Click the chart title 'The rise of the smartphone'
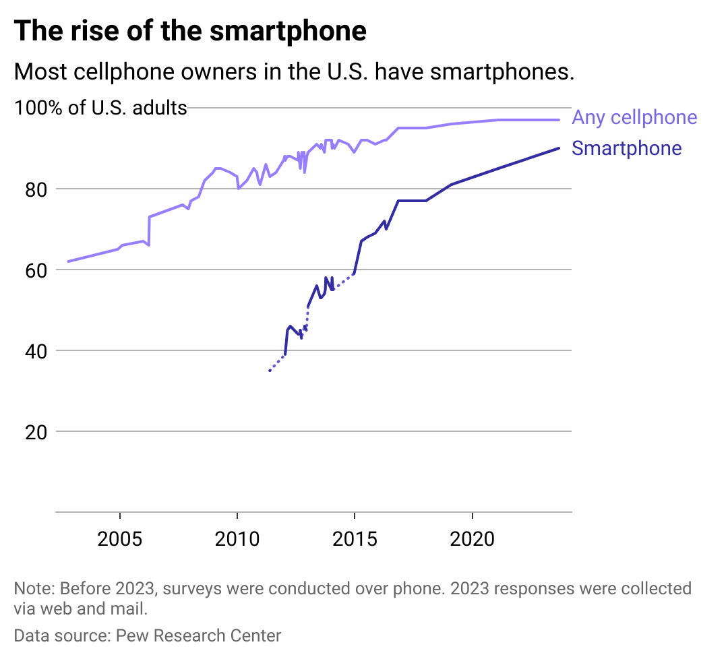(190, 32)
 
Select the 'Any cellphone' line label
(634, 118)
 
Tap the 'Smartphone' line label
(626, 149)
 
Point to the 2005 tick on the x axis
(119, 540)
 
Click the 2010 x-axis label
(237, 540)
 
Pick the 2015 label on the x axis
(354, 540)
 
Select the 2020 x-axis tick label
(471, 540)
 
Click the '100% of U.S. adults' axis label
(100, 108)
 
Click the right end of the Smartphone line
(559, 148)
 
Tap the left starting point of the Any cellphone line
(68, 261)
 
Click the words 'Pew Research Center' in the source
(198, 635)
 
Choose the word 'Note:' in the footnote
(34, 588)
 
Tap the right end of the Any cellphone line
(559, 120)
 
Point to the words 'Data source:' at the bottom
(62, 635)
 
